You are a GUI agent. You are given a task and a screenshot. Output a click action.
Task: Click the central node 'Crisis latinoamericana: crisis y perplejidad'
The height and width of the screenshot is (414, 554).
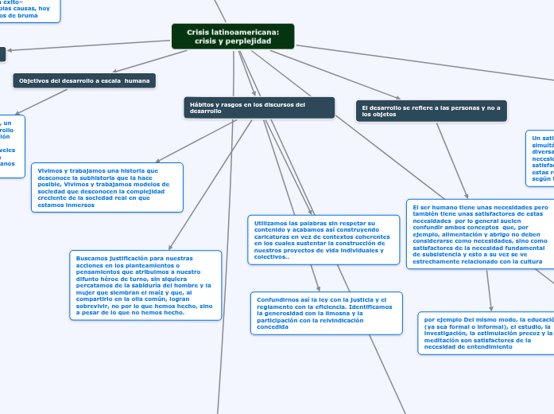(x=233, y=36)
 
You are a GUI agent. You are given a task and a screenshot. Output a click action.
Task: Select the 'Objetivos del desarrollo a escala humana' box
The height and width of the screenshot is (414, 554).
(x=84, y=80)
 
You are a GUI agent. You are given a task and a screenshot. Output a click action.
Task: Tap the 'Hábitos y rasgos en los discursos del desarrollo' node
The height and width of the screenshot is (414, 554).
(x=258, y=107)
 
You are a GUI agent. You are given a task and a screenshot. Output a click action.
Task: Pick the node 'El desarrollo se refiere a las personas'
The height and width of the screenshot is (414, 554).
(x=431, y=111)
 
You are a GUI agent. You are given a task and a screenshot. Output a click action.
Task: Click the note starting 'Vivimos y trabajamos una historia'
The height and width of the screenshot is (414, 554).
(x=107, y=187)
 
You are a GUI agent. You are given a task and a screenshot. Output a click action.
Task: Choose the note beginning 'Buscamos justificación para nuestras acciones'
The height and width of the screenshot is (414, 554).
(x=145, y=285)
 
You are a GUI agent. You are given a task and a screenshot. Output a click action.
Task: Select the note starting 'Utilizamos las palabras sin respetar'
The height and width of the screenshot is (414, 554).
(x=323, y=238)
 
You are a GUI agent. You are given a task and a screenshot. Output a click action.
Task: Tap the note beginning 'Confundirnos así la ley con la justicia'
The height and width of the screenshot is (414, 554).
(x=326, y=312)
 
